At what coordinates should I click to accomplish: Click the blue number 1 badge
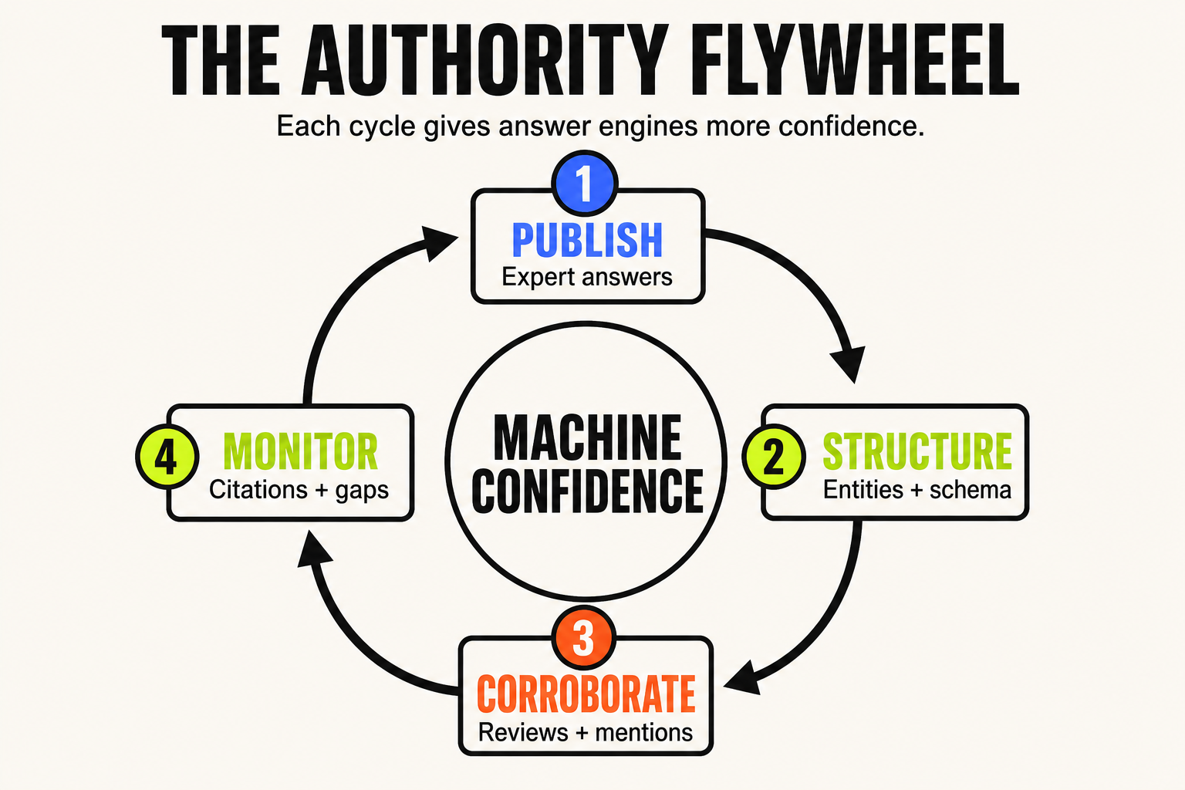585,183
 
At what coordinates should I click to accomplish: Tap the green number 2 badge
774,456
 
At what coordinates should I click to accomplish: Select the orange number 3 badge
583,637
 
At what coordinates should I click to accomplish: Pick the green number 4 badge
167,456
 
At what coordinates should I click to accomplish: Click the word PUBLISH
587,240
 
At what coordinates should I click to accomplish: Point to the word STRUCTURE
917,451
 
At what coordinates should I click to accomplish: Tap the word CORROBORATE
586,694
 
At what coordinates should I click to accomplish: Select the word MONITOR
300,451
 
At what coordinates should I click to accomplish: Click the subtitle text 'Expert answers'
586,277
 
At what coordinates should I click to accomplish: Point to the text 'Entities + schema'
917,489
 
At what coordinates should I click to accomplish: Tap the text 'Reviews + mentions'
586,732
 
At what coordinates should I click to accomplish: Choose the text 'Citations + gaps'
299,490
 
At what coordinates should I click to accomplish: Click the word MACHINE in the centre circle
587,437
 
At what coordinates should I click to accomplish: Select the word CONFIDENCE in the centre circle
587,491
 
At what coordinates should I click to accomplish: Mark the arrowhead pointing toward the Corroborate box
743,678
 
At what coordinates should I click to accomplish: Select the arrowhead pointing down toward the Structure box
848,364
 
